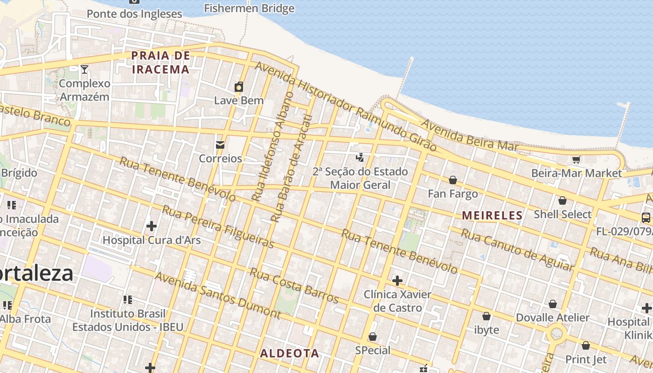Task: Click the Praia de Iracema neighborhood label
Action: pyautogui.click(x=160, y=62)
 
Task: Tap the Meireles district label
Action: pyautogui.click(x=492, y=215)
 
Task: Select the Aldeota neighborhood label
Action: pyautogui.click(x=289, y=353)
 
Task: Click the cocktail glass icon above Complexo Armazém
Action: pyautogui.click(x=84, y=69)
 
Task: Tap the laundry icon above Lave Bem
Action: pyautogui.click(x=239, y=87)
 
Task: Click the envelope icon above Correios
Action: pyautogui.click(x=220, y=145)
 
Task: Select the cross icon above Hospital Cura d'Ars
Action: pyautogui.click(x=151, y=226)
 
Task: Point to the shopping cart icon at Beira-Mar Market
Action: pyautogui.click(x=577, y=160)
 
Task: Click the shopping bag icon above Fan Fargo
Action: pyautogui.click(x=452, y=180)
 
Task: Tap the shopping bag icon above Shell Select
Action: pyautogui.click(x=563, y=200)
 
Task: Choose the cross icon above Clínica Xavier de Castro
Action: pyautogui.click(x=397, y=281)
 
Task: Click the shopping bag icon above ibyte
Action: pyautogui.click(x=486, y=316)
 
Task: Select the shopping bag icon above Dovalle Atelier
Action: pyautogui.click(x=553, y=304)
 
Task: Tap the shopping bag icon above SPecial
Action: pyautogui.click(x=372, y=337)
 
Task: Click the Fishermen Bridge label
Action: pyautogui.click(x=249, y=8)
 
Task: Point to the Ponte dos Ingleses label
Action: pyautogui.click(x=134, y=14)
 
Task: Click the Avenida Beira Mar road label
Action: pyautogui.click(x=470, y=135)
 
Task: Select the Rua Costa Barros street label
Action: pyautogui.click(x=294, y=285)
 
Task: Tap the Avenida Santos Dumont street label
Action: pyautogui.click(x=217, y=295)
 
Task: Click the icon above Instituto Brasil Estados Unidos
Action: pyautogui.click(x=127, y=299)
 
